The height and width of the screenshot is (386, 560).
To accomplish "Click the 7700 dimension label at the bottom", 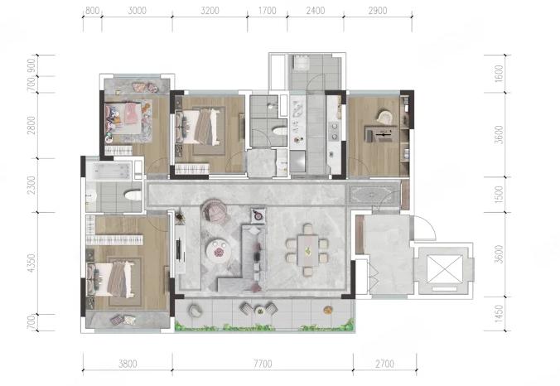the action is click(x=263, y=364).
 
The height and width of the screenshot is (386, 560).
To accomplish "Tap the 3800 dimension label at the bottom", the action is click(x=128, y=364).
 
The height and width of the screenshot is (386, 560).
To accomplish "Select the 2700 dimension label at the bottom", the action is click(x=384, y=364).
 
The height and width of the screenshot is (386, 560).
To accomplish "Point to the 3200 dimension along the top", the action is click(x=210, y=11).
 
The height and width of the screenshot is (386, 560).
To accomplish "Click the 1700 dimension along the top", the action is click(x=267, y=11).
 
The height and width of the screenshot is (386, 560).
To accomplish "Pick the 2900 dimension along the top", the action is click(x=378, y=11).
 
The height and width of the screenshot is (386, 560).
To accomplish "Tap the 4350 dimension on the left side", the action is click(x=31, y=263).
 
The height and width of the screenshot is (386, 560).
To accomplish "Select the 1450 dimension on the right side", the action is click(x=499, y=314).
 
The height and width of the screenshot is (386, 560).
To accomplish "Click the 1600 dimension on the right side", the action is click(x=499, y=73).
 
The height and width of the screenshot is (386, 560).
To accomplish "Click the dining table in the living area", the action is click(x=307, y=250).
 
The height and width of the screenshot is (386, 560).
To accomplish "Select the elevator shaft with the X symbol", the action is click(x=444, y=269).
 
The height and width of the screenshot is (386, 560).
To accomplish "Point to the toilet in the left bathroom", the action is click(x=133, y=195).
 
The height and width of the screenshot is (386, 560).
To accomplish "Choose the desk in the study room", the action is click(x=381, y=134).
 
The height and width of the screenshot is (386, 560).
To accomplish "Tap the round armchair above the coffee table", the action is click(x=215, y=210).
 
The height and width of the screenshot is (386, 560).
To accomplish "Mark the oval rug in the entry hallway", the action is click(x=372, y=195).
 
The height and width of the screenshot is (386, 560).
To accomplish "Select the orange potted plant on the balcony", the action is click(x=327, y=310).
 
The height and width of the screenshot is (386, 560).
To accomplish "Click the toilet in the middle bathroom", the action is click(x=279, y=130).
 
